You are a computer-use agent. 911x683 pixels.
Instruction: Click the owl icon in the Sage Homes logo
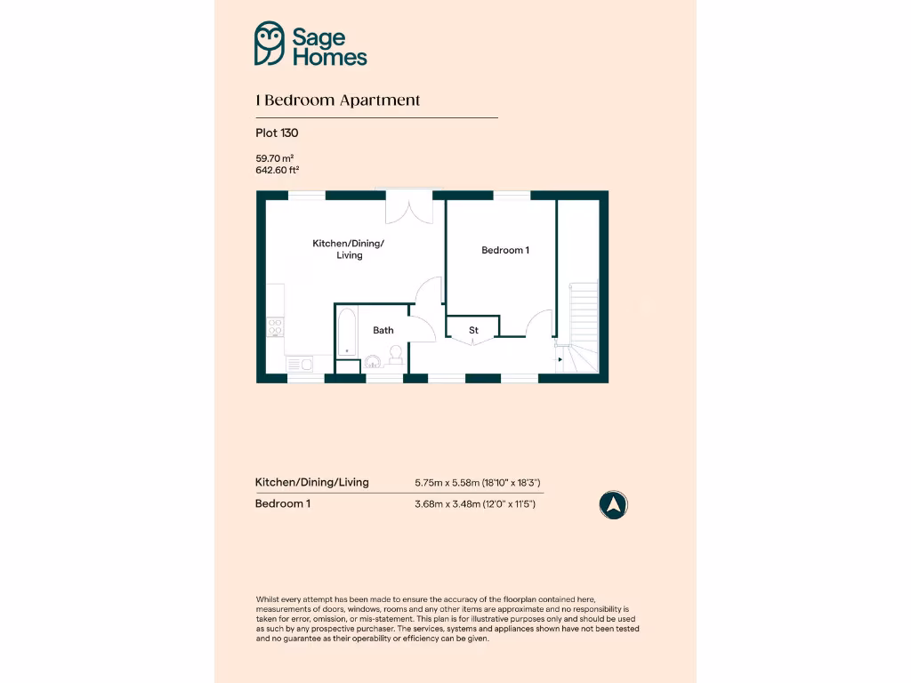point(270,44)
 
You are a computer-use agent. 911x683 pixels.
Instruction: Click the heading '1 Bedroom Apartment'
point(338,100)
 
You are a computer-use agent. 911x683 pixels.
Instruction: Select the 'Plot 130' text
point(277,133)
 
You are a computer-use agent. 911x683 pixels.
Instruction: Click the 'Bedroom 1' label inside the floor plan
point(505,250)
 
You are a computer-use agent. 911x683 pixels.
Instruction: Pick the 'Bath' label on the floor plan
point(383,330)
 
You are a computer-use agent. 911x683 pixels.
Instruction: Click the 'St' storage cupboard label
point(473,330)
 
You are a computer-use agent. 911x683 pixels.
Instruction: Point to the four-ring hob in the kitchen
point(276,327)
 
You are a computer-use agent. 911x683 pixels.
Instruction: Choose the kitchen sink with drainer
point(298,363)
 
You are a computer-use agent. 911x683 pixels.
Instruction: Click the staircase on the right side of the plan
point(583,325)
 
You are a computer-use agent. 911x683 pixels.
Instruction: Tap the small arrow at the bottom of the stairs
point(560,359)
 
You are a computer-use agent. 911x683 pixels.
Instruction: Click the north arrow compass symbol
point(613,505)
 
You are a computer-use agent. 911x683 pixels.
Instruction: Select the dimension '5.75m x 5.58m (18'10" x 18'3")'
point(478,483)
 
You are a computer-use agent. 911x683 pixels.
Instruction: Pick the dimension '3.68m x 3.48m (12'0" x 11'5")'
point(475,504)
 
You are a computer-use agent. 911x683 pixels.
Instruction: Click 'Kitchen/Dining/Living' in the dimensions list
point(312,482)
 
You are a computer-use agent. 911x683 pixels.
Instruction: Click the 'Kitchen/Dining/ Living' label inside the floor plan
point(349,249)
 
